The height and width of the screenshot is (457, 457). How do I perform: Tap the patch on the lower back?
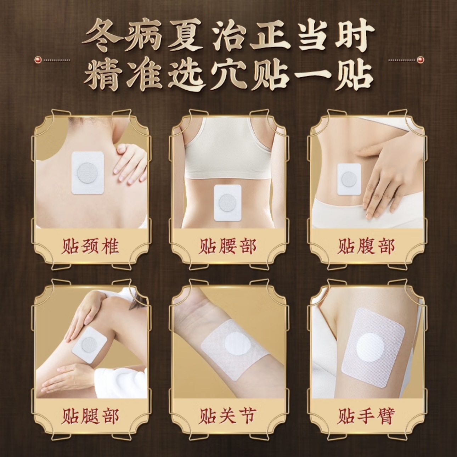tap(228, 203)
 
